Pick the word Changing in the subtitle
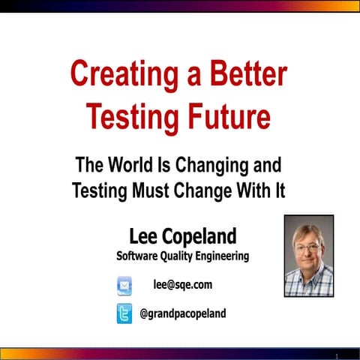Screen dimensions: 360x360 point(217,165)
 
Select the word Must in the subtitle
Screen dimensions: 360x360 point(154,190)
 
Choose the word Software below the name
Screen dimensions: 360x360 point(140,256)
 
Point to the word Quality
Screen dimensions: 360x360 point(187,256)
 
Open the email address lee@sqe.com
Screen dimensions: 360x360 point(182,285)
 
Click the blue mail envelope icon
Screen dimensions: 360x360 point(124,285)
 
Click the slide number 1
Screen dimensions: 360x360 point(337,355)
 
